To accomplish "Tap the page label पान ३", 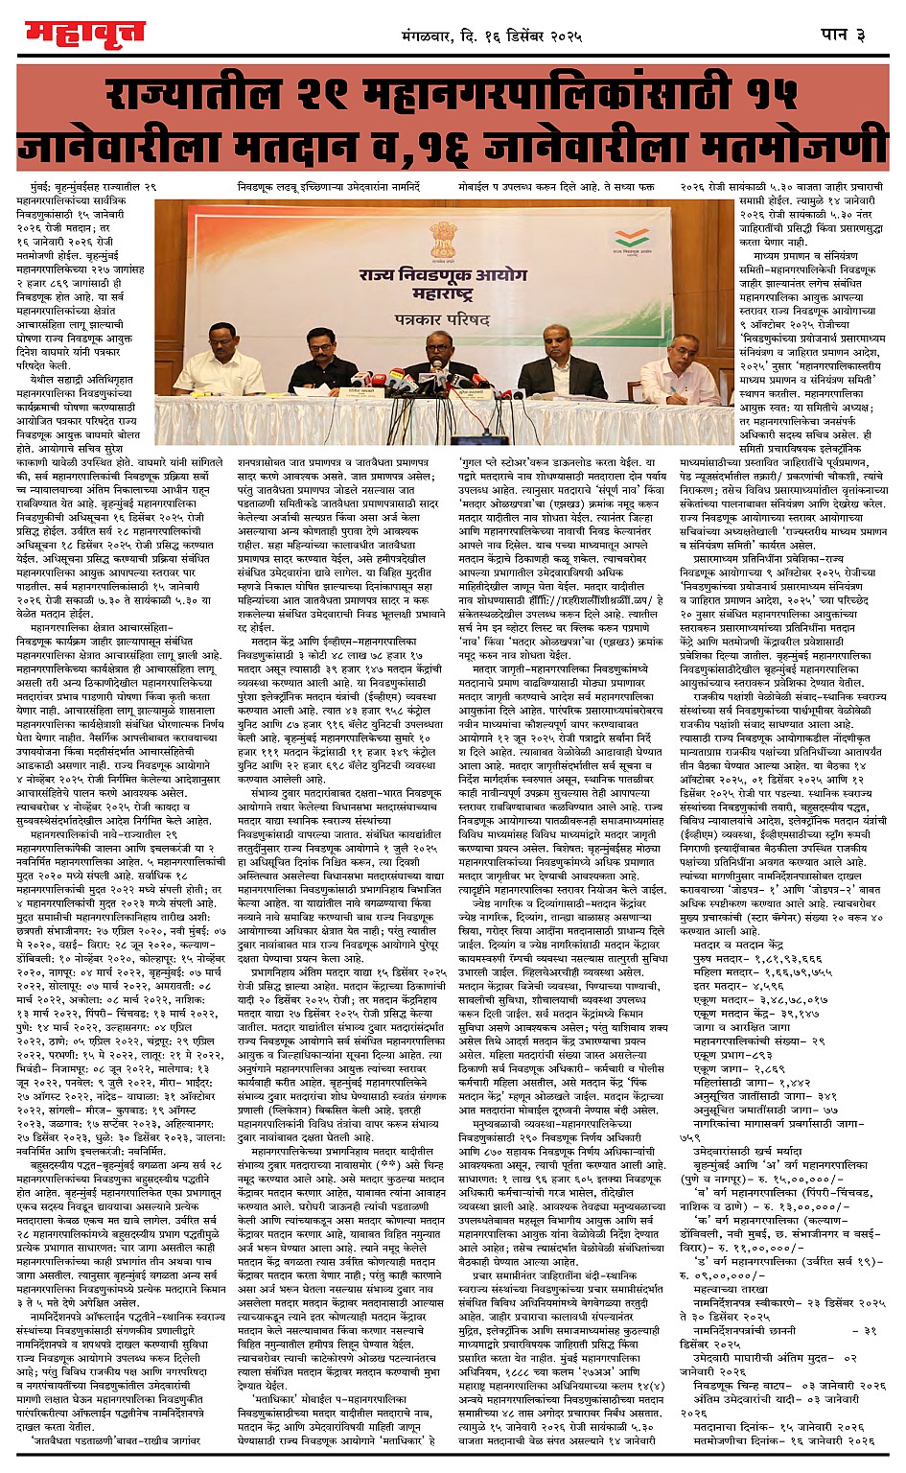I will [843, 35].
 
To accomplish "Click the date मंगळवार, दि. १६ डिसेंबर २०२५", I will [492, 37].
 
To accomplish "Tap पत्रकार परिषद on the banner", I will [442, 314].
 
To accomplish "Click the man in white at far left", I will [221, 359].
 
